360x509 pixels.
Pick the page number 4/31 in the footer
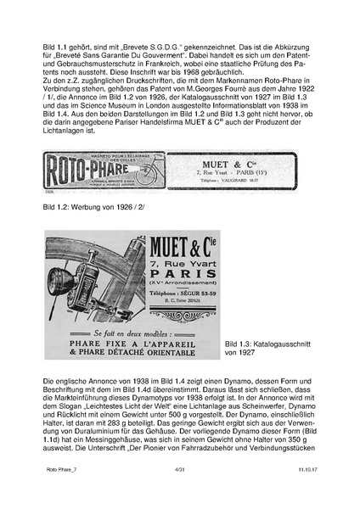180,492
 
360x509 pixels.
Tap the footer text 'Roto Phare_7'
55,492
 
